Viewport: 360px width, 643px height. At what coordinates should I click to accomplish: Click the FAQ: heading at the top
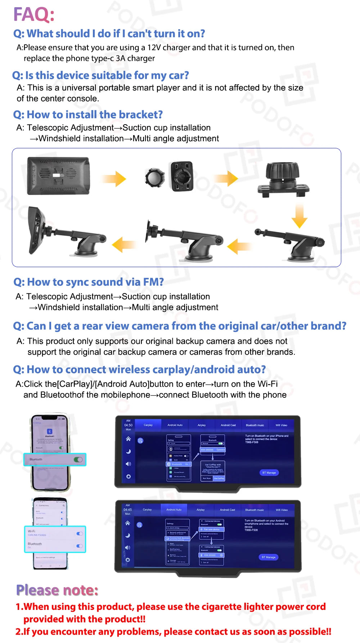(34, 15)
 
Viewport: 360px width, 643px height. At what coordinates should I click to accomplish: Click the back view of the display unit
(58, 176)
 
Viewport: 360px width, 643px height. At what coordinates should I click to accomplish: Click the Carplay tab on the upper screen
(148, 425)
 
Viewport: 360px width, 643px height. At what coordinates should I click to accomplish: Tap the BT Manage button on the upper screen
(269, 473)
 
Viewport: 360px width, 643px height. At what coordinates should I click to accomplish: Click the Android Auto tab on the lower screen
(174, 510)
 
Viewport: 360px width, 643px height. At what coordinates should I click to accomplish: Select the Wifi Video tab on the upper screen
(281, 425)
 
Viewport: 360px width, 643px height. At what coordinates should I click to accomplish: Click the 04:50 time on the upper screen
(128, 425)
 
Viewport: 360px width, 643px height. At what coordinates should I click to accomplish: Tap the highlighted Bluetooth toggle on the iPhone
(78, 460)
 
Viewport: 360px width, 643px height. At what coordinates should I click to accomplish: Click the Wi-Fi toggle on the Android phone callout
(80, 534)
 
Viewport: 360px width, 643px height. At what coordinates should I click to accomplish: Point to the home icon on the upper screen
(128, 439)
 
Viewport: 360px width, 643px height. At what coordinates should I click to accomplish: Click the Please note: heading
(57, 590)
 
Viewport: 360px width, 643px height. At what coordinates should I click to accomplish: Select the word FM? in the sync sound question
(153, 282)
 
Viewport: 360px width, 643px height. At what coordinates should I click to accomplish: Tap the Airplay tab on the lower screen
(201, 510)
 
